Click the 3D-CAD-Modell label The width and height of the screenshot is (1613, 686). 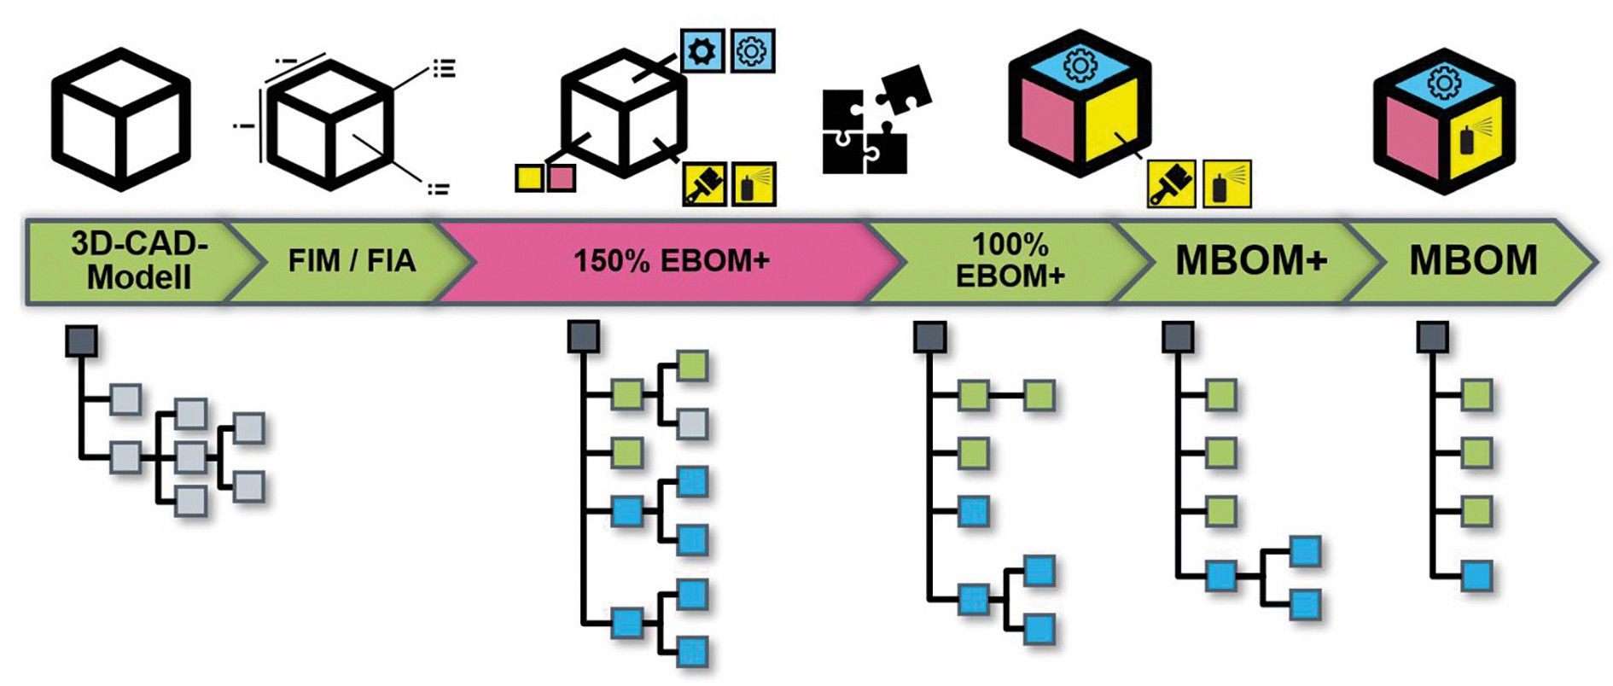click(139, 260)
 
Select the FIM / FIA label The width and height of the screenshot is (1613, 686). click(352, 260)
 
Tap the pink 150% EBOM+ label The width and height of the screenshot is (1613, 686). click(671, 260)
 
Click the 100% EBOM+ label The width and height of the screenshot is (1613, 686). click(1010, 260)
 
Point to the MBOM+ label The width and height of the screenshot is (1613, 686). click(1250, 260)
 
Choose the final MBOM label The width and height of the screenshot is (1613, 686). click(1473, 260)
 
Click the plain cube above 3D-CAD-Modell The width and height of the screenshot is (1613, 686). click(120, 119)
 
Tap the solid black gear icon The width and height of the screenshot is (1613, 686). click(702, 51)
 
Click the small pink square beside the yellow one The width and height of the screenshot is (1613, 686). click(561, 177)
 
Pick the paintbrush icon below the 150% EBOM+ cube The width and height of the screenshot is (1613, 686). click(705, 183)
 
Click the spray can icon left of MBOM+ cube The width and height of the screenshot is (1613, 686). click(1226, 183)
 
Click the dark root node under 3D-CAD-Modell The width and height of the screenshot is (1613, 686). click(81, 341)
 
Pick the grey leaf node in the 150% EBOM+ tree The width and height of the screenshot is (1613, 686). click(692, 424)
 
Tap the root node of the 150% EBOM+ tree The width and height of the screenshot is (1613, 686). click(584, 337)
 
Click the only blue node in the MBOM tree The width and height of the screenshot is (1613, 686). click(1476, 576)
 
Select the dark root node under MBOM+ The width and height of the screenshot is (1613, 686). click(1178, 337)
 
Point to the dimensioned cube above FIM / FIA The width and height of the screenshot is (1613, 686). click(331, 124)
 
